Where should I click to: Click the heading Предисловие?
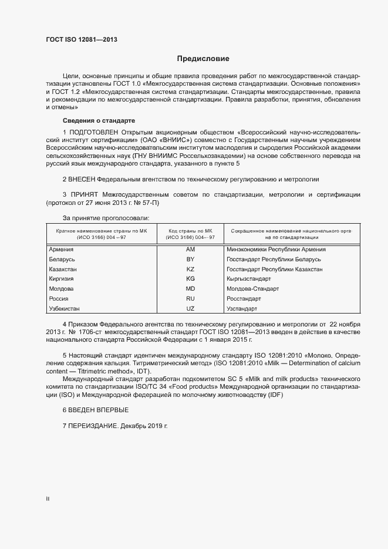203,59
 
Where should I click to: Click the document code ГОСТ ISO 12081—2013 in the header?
85,40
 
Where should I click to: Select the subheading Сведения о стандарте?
95,120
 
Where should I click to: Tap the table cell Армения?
62,250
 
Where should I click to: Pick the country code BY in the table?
190,260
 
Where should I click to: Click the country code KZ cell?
190,269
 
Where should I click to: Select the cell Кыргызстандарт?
248,279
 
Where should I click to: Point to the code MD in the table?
190,289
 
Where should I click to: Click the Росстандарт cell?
244,299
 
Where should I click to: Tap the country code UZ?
190,308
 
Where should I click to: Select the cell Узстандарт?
242,308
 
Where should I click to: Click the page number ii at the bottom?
48,499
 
